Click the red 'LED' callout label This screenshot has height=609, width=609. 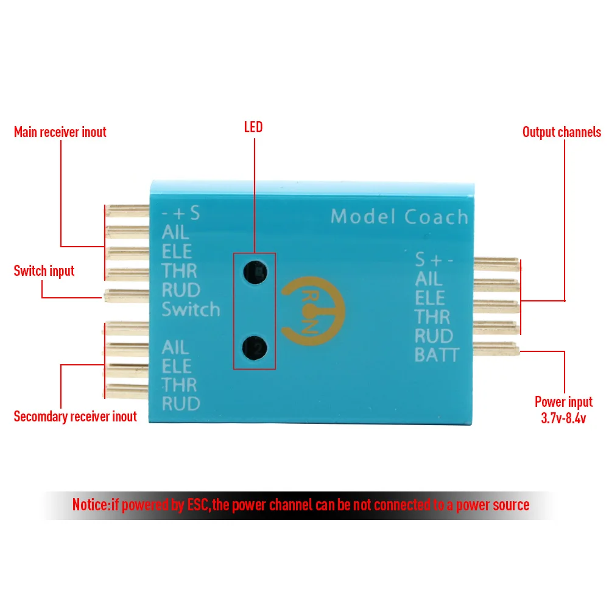[x=253, y=127]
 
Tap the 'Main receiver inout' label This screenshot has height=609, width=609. [x=60, y=132]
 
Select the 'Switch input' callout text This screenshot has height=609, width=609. [x=44, y=270]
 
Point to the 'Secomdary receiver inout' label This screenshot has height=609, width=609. [x=75, y=417]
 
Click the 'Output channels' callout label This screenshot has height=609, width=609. [x=561, y=132]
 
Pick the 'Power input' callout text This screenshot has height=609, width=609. [x=563, y=402]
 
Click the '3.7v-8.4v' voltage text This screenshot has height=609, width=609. [x=563, y=418]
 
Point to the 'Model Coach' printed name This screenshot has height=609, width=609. [x=400, y=217]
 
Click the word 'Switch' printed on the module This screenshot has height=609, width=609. [x=191, y=309]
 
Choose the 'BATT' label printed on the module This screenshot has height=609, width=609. [x=436, y=354]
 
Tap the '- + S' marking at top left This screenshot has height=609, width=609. [x=181, y=214]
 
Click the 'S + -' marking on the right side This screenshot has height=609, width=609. [x=434, y=260]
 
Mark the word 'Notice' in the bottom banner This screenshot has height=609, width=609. [x=91, y=505]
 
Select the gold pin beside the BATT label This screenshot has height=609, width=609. [x=495, y=348]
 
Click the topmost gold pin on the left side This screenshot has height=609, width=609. [x=127, y=211]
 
